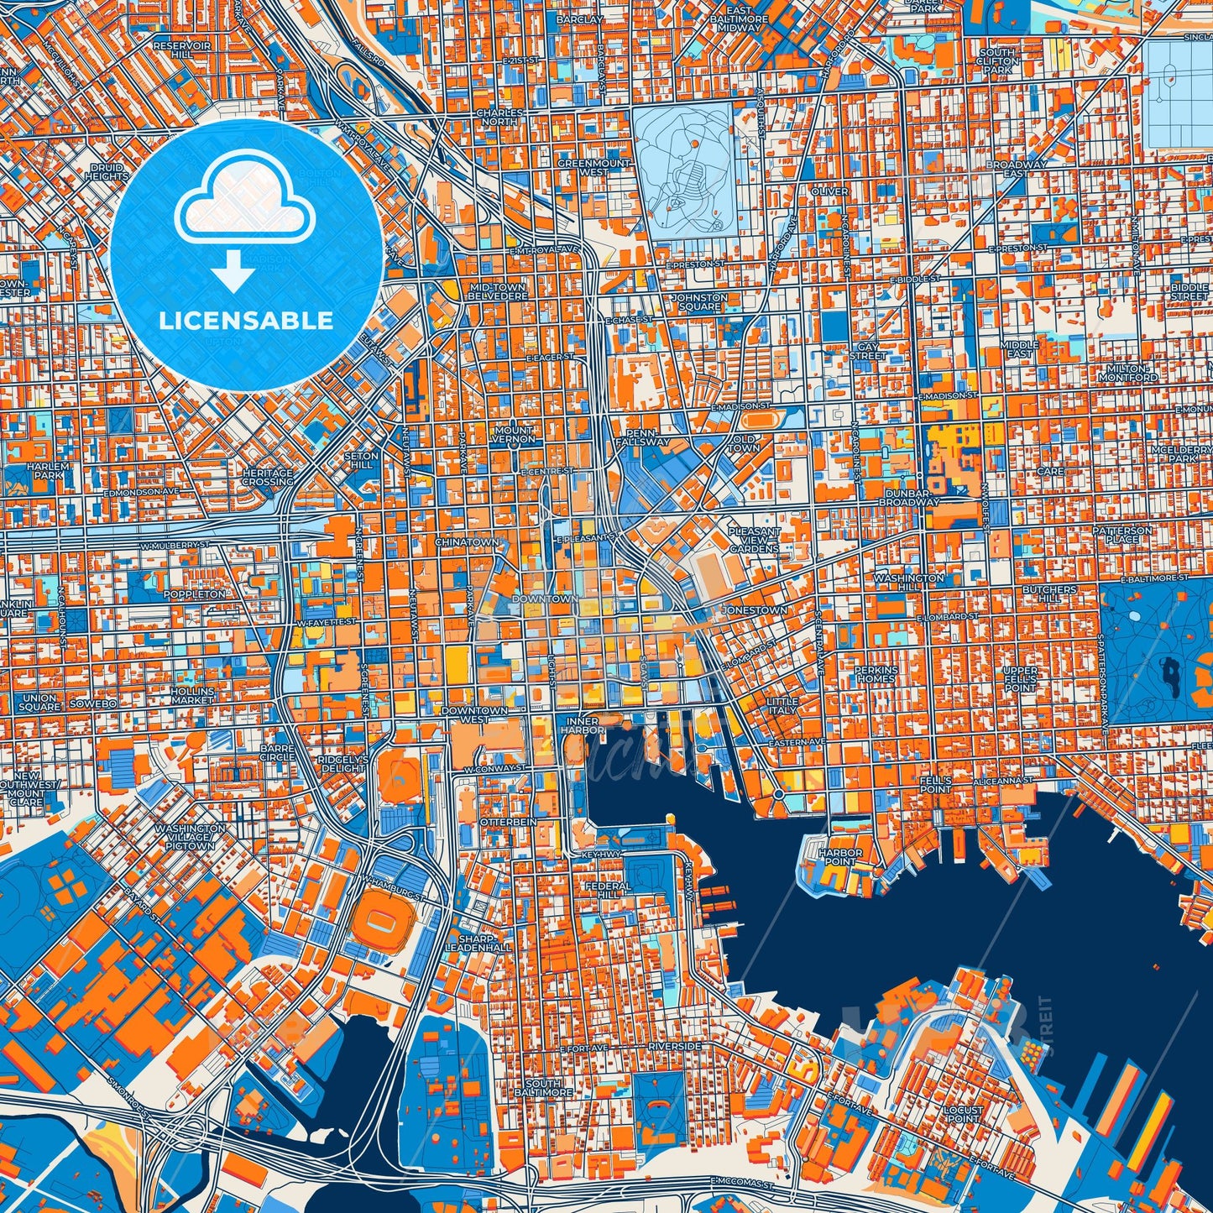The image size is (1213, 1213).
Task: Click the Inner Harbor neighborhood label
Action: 582,726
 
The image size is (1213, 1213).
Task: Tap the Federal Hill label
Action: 608,890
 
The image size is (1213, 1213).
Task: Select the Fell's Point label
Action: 935,784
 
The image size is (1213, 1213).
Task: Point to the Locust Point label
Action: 963,1114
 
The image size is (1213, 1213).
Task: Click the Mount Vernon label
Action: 514,434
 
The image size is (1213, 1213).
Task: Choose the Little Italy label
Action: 782,705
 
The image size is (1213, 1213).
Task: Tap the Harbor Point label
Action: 840,857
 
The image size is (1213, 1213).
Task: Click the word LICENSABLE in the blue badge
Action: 246,320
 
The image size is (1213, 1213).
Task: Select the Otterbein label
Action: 508,822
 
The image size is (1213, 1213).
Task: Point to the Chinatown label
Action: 467,542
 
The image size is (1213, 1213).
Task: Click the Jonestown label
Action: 756,610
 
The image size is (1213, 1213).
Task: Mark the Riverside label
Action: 674,1047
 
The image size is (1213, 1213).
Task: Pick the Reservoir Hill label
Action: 182,50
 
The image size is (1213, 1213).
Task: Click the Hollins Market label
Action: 192,695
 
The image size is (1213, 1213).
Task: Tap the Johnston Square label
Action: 699,302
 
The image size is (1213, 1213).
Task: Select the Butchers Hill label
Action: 1049,594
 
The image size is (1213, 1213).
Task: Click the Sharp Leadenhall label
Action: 478,943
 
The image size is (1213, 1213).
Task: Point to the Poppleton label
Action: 195,593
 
